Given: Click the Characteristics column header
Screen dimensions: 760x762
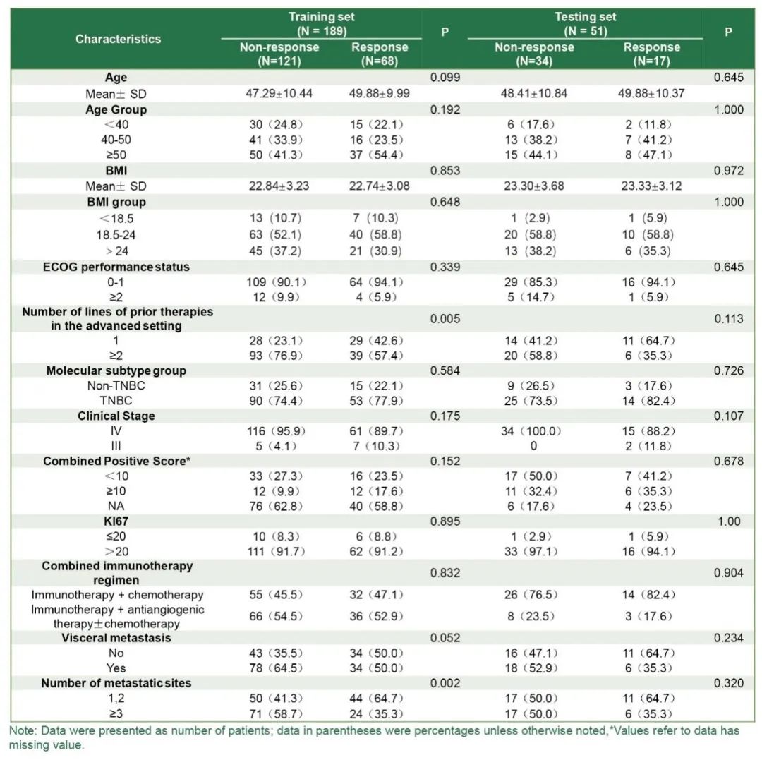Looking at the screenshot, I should (x=118, y=39).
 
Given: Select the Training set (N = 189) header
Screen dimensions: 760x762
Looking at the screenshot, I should (x=321, y=23).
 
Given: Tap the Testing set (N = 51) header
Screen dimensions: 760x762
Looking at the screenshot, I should (x=585, y=23).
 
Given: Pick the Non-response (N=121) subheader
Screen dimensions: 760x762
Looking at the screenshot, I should (x=279, y=54).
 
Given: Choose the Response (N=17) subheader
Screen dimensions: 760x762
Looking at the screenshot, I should (x=651, y=54).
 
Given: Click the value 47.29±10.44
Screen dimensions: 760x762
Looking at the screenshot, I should (x=279, y=93).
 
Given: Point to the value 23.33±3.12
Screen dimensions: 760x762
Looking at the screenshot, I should (x=651, y=186).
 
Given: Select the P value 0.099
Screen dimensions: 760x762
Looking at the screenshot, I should (x=445, y=77).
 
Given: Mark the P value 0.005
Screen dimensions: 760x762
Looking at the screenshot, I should (x=445, y=318).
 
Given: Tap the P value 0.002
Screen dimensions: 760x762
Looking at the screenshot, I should (x=445, y=682).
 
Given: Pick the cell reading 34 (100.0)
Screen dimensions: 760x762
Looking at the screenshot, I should (x=533, y=430).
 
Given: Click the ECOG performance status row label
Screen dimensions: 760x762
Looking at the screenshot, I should (x=116, y=267).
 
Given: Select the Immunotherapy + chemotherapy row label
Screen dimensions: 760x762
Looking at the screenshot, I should (x=117, y=595).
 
